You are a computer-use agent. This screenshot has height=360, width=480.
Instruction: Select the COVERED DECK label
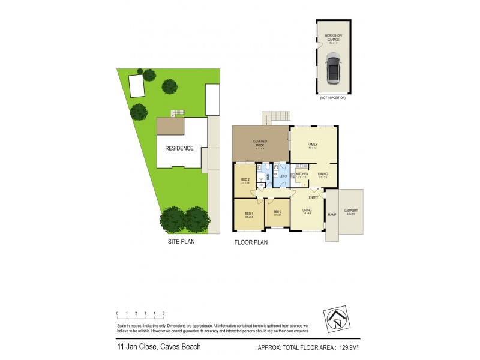(x=260, y=143)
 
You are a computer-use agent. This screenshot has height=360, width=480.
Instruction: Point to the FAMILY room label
(x=313, y=145)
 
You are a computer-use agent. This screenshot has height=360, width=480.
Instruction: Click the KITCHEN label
(x=302, y=175)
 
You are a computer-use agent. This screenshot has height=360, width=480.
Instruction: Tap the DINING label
(x=323, y=175)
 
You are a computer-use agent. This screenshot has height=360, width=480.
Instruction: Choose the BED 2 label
(x=245, y=180)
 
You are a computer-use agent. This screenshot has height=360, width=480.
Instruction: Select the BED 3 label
(x=277, y=212)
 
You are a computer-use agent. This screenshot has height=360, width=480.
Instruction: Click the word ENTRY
(x=313, y=197)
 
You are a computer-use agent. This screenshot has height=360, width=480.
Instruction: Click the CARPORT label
(x=351, y=211)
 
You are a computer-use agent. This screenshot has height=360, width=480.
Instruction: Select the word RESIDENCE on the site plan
(x=180, y=148)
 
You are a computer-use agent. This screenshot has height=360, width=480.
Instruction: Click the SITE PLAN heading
(x=181, y=242)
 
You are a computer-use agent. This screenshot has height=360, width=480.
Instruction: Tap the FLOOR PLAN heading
(x=251, y=243)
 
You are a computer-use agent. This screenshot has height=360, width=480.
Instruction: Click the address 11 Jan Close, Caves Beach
(x=158, y=347)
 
